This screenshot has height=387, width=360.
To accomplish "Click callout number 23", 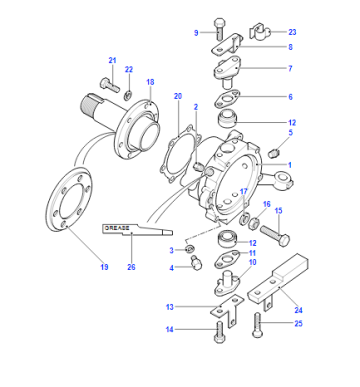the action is click(292, 32).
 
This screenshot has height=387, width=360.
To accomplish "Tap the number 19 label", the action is click(104, 267).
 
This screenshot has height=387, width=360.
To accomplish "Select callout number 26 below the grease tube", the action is click(131, 267).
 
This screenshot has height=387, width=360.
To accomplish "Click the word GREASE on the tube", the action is click(117, 228).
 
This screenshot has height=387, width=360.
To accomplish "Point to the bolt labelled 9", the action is click(219, 29).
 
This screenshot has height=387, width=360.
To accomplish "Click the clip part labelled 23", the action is click(259, 31).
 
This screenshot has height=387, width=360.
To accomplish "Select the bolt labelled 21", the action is click(109, 84).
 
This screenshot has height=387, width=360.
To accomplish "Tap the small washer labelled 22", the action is click(127, 96).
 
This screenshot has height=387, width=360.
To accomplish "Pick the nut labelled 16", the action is click(255, 223).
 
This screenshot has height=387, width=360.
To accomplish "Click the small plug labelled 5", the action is click(273, 154).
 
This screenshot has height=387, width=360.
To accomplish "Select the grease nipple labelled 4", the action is click(196, 263).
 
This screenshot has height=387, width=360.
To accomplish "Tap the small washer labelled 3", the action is click(190, 248).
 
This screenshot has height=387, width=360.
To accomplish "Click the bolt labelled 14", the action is click(220, 332).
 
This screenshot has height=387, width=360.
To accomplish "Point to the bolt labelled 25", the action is click(257, 325).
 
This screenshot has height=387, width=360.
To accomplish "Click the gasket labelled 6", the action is click(228, 99).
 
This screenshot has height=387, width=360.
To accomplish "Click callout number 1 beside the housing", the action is click(290, 165).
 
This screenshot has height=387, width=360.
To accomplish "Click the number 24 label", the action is click(298, 310).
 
